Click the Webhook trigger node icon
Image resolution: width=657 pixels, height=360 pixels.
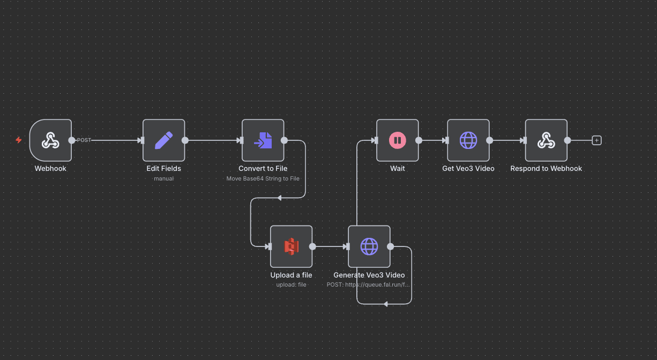tap(50, 140)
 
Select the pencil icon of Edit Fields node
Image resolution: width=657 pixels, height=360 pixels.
tap(163, 140)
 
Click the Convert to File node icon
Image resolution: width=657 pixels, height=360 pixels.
tap(263, 140)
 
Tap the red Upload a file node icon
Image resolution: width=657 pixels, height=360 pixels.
tap(291, 246)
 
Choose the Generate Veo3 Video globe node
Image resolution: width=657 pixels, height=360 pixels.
tap(369, 246)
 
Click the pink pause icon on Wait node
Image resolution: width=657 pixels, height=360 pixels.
tap(397, 140)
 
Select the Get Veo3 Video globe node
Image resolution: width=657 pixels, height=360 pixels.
tap(468, 140)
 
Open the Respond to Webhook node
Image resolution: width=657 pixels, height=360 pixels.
tap(546, 140)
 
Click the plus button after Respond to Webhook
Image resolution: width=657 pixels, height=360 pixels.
tap(596, 140)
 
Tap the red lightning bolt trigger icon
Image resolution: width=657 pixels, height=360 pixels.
tap(19, 140)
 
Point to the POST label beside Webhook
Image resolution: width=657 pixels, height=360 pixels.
tap(84, 140)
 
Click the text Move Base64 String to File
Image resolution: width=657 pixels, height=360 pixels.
tap(263, 178)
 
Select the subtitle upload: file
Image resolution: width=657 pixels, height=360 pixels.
tap(291, 284)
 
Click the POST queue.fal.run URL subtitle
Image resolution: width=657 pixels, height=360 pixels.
tap(369, 284)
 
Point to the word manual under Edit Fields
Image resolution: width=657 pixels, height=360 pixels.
tap(163, 178)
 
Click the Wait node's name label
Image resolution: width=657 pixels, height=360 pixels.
tap(397, 168)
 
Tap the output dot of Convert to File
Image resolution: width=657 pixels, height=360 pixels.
tap(284, 140)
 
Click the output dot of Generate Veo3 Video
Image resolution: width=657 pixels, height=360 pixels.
tap(390, 246)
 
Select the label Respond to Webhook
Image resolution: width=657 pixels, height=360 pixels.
tap(546, 168)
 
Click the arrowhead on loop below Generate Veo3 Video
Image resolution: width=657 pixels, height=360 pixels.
tap(385, 304)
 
